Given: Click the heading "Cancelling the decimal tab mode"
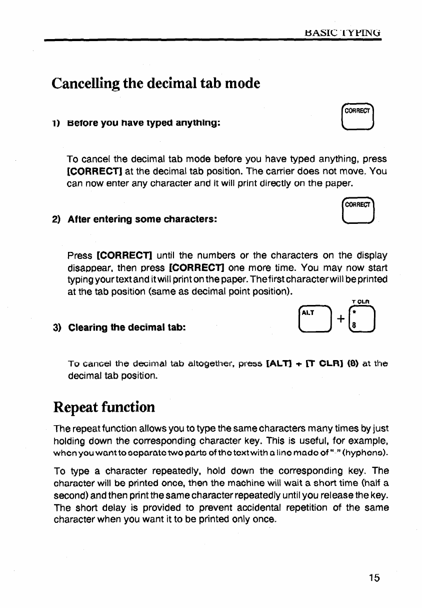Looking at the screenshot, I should [155, 83].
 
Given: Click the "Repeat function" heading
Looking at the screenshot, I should [103, 407].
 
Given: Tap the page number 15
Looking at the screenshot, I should [374, 578].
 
